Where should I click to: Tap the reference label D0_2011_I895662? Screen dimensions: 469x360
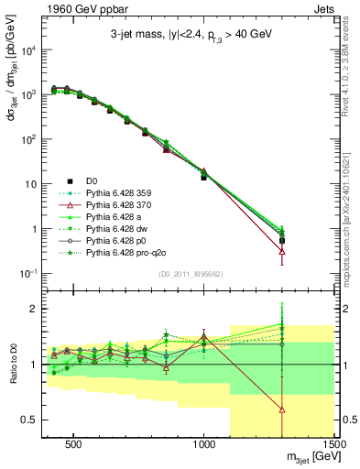pyautogui.click(x=191, y=273)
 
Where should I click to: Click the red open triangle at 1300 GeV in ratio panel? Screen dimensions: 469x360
pyautogui.click(x=282, y=409)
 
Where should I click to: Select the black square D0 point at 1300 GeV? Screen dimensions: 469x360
pyautogui.click(x=282, y=241)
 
